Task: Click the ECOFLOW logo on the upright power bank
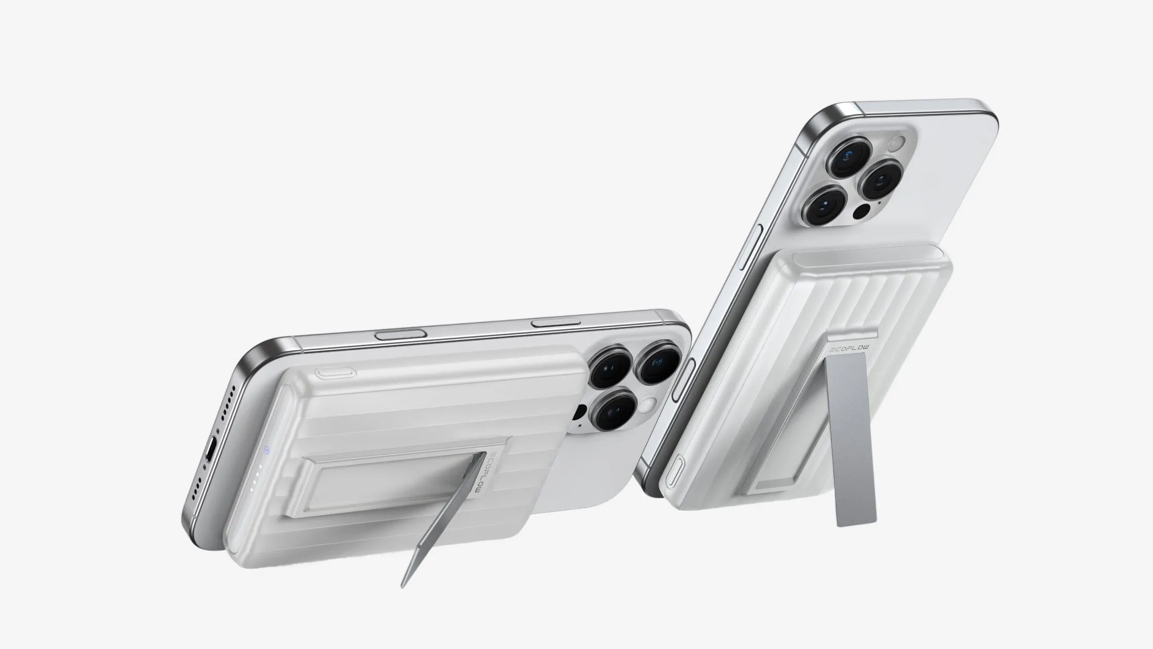848,349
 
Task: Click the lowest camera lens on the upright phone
825,206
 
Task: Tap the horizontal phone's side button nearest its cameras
555,323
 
